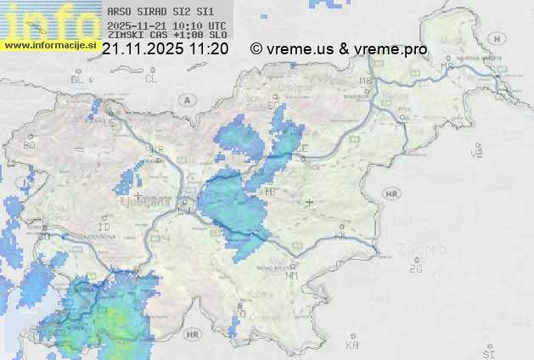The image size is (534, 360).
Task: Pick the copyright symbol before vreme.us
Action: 256,49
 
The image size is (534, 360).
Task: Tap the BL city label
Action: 79,79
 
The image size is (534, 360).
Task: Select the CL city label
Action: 151,79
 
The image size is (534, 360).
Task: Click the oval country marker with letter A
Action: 186,98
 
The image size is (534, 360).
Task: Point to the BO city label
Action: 30,145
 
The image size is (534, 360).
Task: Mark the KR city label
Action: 157,149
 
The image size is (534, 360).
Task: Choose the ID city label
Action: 104,228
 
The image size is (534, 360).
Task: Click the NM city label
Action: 292,275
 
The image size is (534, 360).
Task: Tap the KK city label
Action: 341,237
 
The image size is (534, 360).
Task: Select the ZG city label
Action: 415,269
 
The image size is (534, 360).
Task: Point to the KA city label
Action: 352,346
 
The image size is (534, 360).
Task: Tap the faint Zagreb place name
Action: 427,250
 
